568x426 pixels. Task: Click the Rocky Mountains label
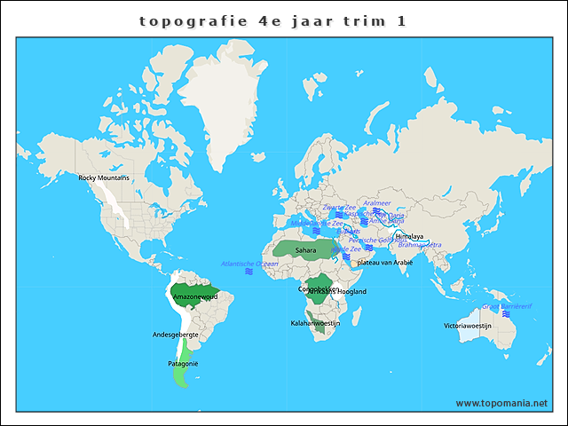coord(104,178)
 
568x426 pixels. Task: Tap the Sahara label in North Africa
coord(305,250)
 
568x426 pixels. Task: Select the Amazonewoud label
coord(194,296)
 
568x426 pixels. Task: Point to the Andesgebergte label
coord(176,335)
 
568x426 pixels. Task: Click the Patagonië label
coord(183,364)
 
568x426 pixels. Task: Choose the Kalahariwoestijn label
coord(315,324)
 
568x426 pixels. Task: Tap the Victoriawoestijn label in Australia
coord(468,326)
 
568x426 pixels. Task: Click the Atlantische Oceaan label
coord(249,264)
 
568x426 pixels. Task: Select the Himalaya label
coord(409,237)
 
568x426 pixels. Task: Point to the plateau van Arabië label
coord(384,263)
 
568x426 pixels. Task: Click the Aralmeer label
coord(377,203)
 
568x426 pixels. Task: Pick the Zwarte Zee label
coord(338,207)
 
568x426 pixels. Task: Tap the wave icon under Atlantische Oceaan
coord(249,272)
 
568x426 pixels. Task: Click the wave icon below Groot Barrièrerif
coord(506,314)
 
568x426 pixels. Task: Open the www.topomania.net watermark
coord(501,403)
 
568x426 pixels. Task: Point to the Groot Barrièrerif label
coord(506,305)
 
